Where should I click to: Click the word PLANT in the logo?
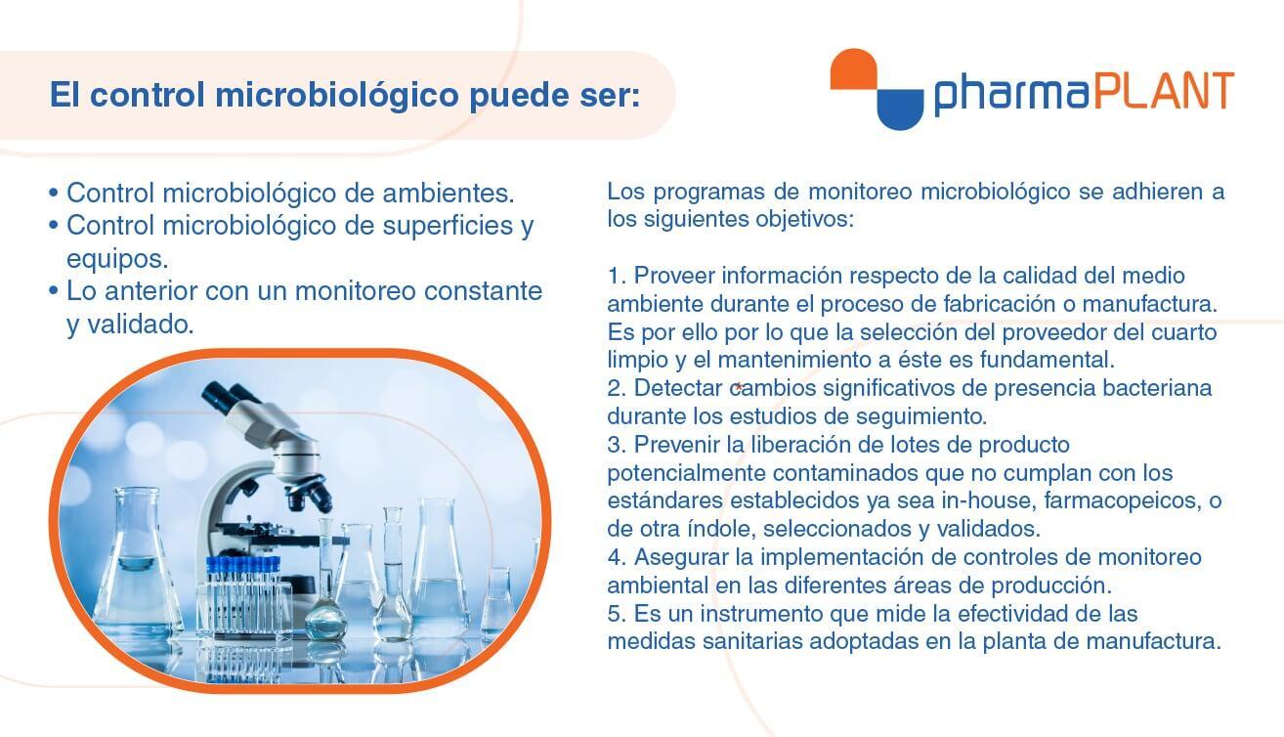(x=1164, y=91)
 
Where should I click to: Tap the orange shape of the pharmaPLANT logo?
(x=854, y=68)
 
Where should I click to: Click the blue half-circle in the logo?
(x=901, y=109)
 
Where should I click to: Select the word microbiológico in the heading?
(x=337, y=95)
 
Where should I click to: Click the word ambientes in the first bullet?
(x=448, y=193)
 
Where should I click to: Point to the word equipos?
(x=117, y=259)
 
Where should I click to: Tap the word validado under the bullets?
(x=141, y=325)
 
